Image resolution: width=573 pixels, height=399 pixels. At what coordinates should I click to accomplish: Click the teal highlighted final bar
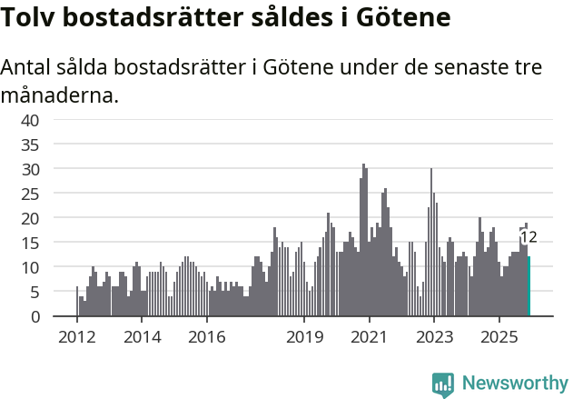coord(529,286)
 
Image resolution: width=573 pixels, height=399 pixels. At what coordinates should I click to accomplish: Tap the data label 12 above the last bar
coord(529,237)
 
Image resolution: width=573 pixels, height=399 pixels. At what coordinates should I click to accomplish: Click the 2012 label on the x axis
coord(77,337)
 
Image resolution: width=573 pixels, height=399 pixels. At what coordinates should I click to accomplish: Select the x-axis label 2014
coord(142,337)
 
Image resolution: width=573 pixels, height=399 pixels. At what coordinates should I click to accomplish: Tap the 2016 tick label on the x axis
coord(207,337)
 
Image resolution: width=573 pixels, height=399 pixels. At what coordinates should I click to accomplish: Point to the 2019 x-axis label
coord(304,337)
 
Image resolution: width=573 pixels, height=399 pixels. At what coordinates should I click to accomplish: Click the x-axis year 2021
coord(370,337)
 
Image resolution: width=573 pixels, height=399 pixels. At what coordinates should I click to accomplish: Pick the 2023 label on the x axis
coord(434,337)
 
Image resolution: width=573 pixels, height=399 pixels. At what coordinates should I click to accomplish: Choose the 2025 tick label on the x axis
coord(499,337)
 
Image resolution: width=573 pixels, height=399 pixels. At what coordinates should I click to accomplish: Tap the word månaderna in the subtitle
coord(60,95)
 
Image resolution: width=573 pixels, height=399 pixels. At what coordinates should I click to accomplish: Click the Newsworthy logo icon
coord(443,384)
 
